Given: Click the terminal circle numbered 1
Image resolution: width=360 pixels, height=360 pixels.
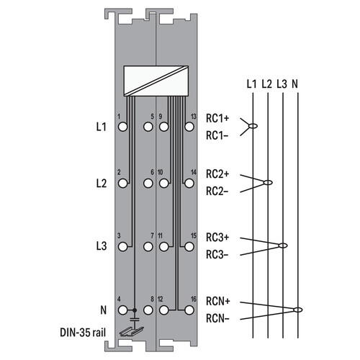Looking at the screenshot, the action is pyautogui.click(x=122, y=127).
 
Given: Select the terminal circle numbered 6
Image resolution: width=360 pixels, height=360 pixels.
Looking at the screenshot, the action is pyautogui.click(x=148, y=184).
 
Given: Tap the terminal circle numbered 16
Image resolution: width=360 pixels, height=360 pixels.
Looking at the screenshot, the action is pyautogui.click(x=189, y=310).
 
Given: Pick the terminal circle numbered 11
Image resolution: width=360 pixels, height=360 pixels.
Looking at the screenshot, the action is pyautogui.click(x=163, y=247).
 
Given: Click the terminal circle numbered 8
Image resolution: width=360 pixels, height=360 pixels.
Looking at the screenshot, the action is pyautogui.click(x=148, y=310).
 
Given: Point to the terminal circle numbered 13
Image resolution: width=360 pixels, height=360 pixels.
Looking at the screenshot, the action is pyautogui.click(x=189, y=127).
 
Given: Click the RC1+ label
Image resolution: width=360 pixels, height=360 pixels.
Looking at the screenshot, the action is pyautogui.click(x=217, y=118).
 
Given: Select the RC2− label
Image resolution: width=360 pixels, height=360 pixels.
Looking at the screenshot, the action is pyautogui.click(x=217, y=192).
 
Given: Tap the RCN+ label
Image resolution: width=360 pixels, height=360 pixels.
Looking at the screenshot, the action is pyautogui.click(x=218, y=302).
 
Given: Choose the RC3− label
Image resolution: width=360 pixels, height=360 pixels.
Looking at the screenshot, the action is pyautogui.click(x=217, y=255).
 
